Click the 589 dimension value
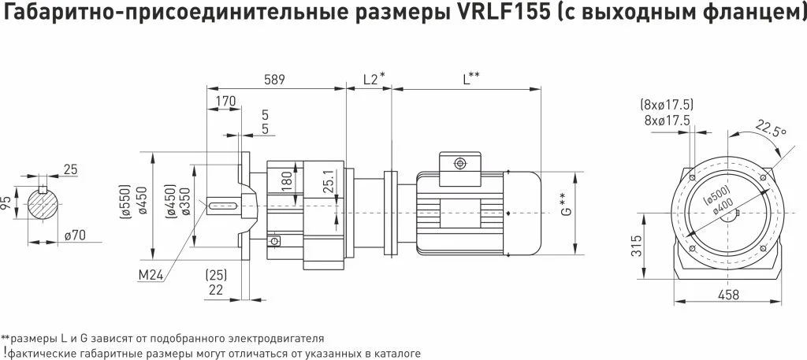[x=273, y=80]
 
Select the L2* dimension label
[x=374, y=80]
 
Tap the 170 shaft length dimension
[x=226, y=101]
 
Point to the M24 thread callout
[x=151, y=276]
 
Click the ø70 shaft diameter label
[x=75, y=236]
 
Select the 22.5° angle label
[x=771, y=129]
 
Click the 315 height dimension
[x=636, y=246]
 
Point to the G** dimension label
[x=565, y=204]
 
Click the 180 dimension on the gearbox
[x=287, y=181]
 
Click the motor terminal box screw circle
[x=459, y=164]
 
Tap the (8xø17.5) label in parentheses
[x=667, y=106]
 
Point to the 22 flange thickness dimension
[x=216, y=290]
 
